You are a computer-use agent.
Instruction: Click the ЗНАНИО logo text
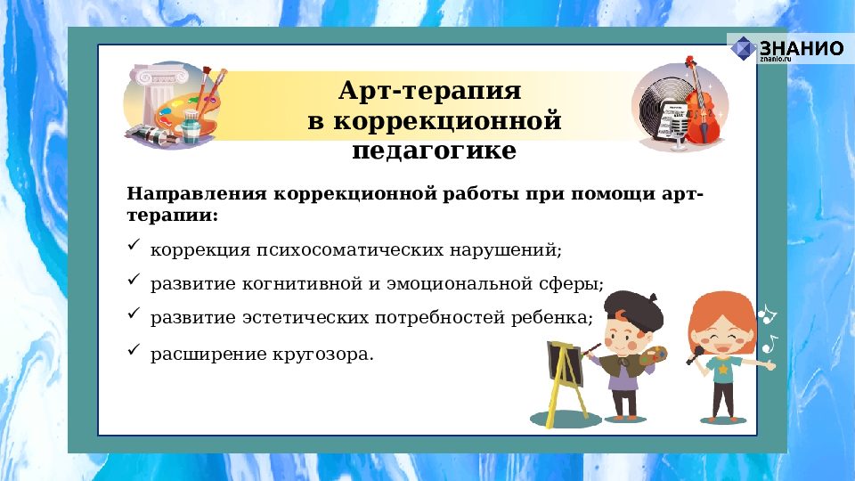click(801, 47)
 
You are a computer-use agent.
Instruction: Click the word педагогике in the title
click(434, 151)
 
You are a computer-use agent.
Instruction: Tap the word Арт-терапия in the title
click(429, 91)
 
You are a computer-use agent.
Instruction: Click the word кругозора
click(328, 355)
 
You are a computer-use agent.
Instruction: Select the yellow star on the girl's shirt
click(723, 367)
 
